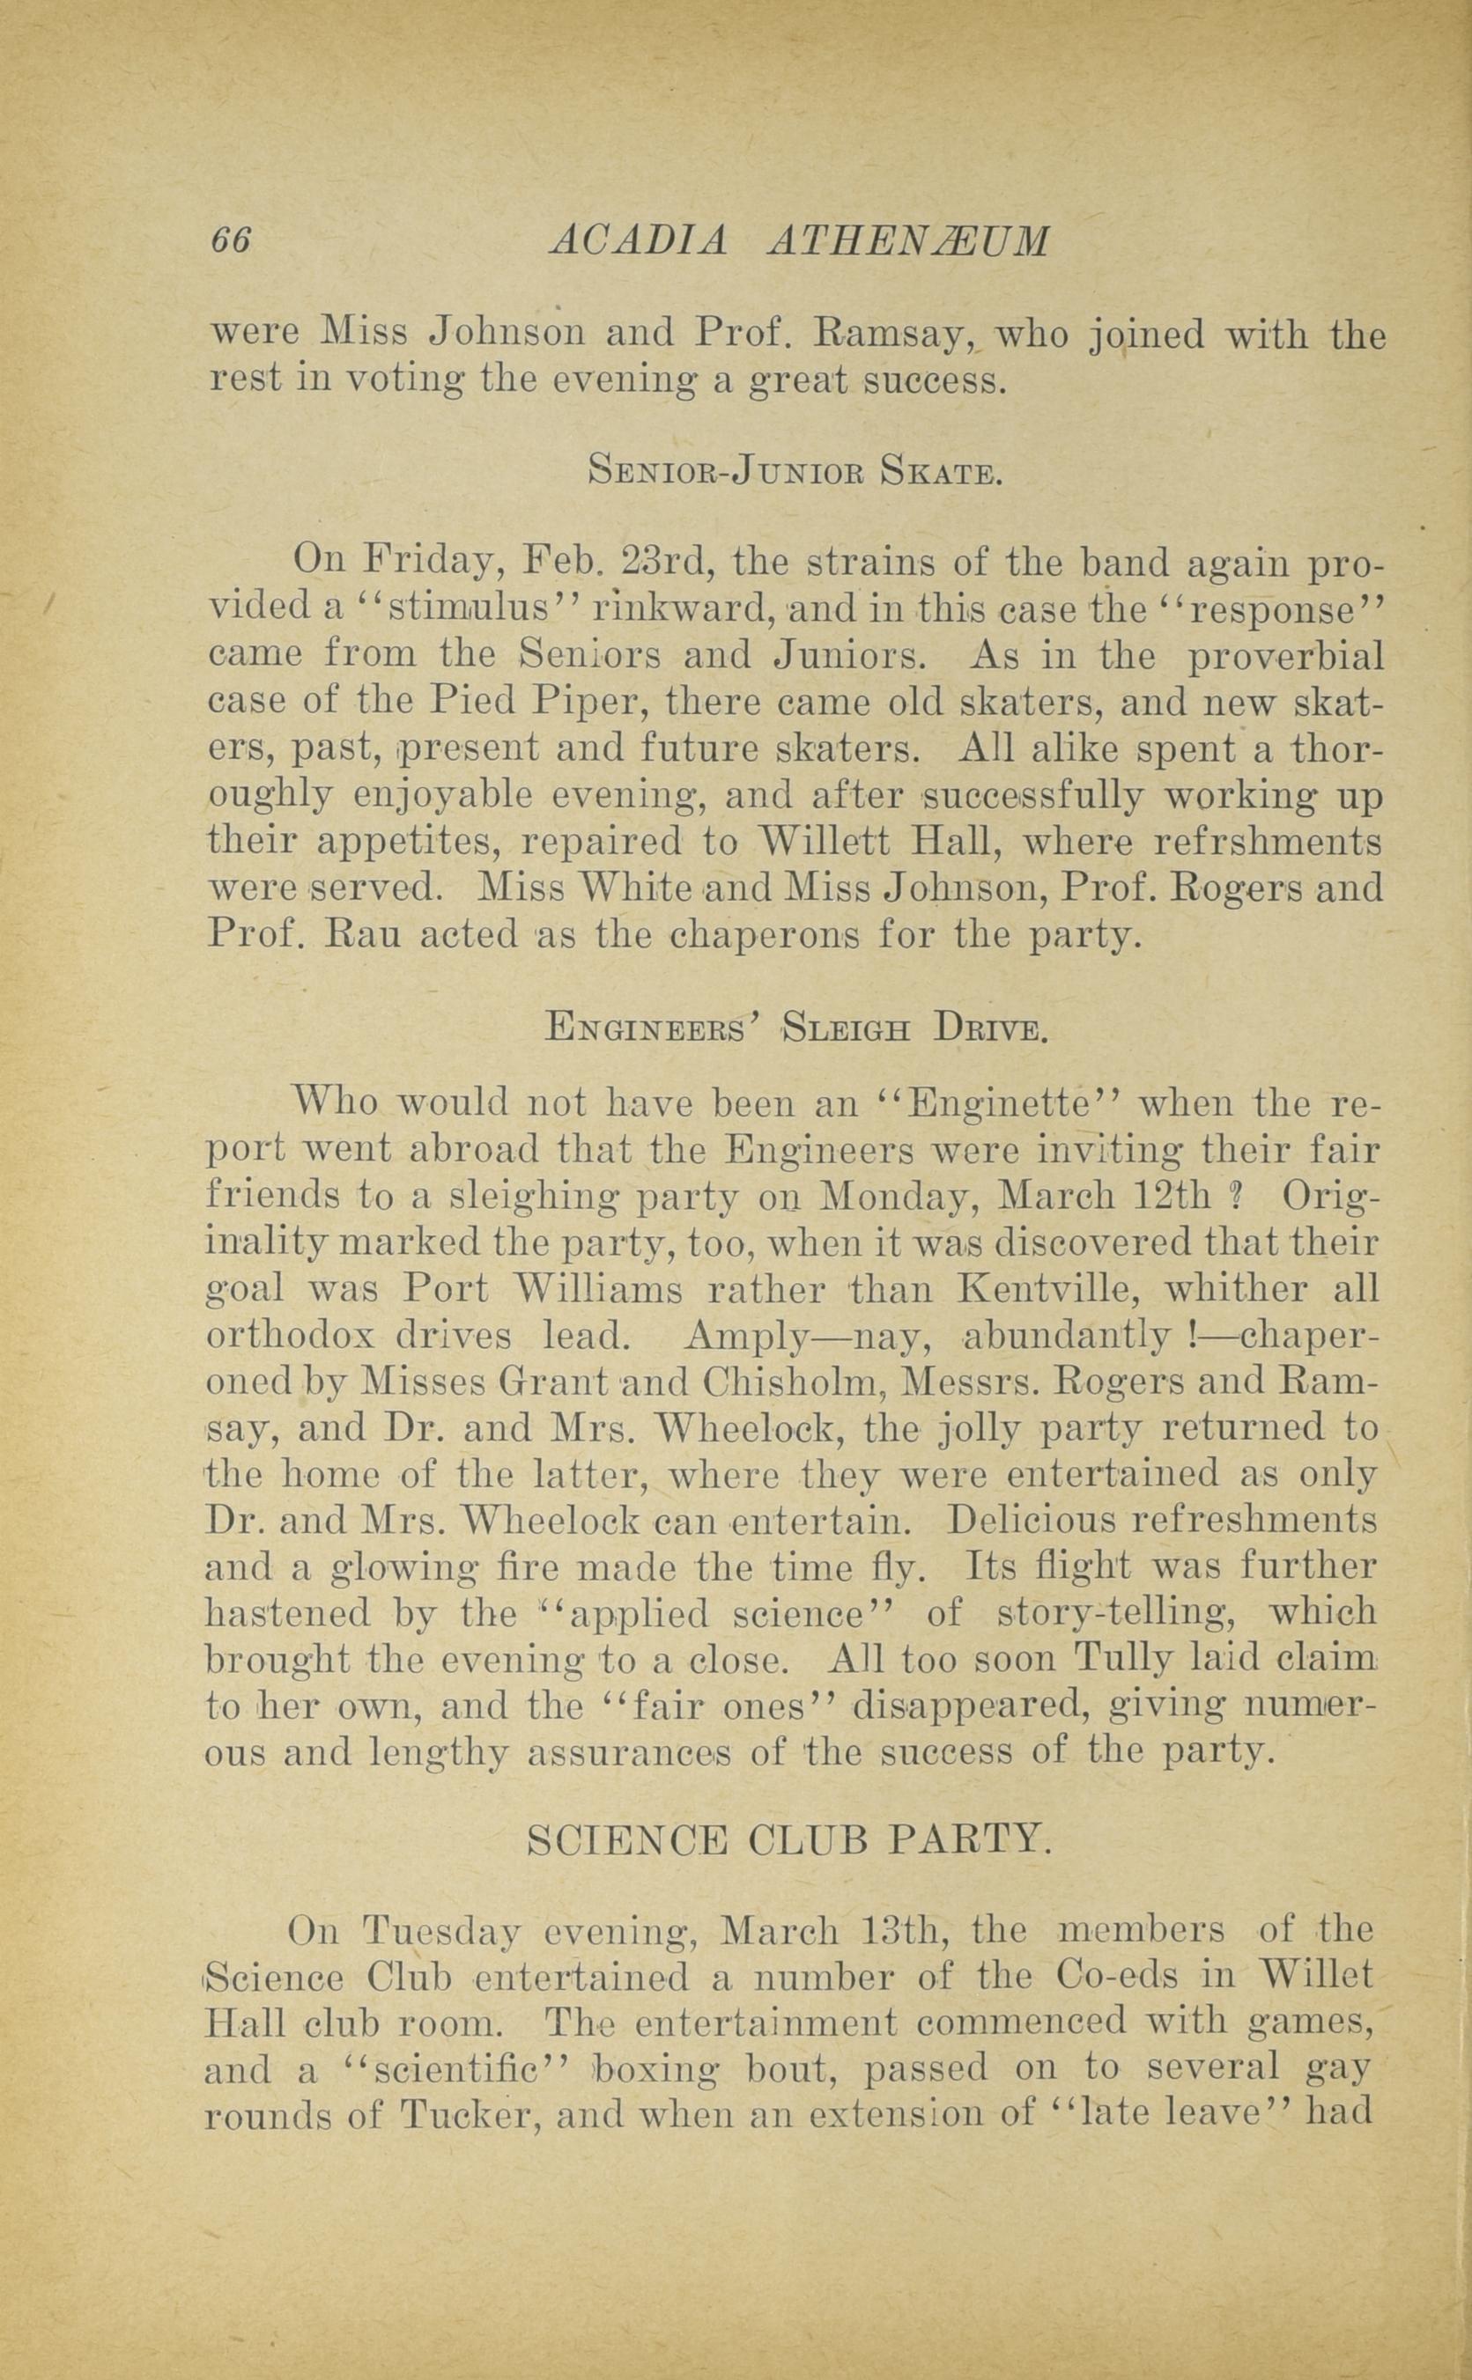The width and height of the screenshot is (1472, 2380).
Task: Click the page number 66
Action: [x=231, y=240]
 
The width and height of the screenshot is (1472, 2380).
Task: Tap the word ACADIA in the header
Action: [x=638, y=240]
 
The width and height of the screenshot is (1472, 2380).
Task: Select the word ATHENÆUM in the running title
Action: [x=909, y=240]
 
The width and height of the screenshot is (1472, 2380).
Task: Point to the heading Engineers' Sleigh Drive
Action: [x=796, y=1028]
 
